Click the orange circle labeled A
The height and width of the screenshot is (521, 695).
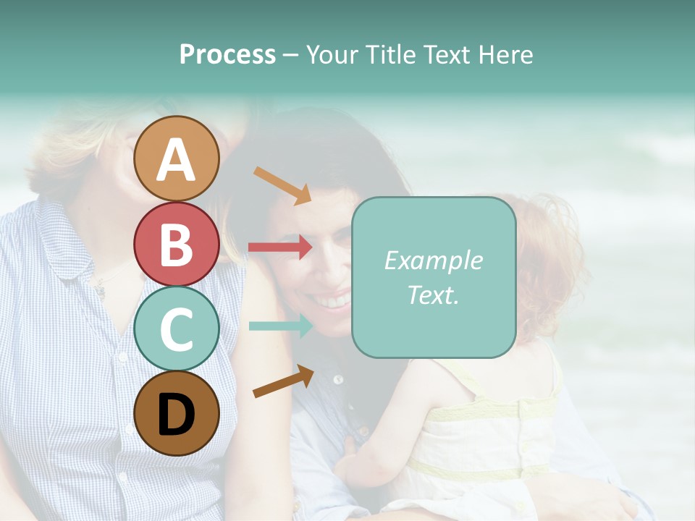176,158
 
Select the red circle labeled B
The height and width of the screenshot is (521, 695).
176,244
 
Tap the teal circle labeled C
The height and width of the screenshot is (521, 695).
176,329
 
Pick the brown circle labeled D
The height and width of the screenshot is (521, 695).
176,413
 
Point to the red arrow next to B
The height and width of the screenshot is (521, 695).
280,247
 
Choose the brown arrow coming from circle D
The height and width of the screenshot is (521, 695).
283,381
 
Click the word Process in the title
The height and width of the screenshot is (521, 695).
227,55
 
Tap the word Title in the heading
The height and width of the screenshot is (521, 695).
388,55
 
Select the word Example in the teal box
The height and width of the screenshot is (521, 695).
433,260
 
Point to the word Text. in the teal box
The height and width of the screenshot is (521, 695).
433,295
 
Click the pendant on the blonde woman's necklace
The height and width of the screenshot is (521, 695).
99,291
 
